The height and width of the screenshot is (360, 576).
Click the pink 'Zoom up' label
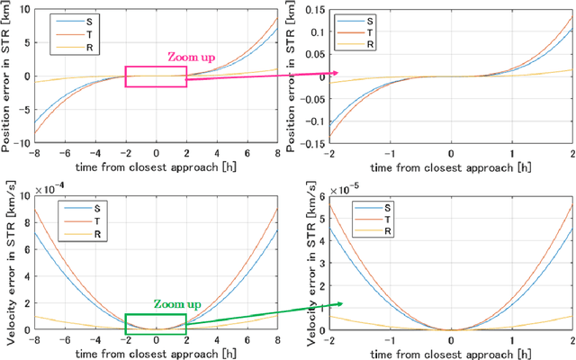190,56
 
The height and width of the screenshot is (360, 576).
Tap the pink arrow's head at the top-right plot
335,73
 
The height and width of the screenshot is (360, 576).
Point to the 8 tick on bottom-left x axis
277,341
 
